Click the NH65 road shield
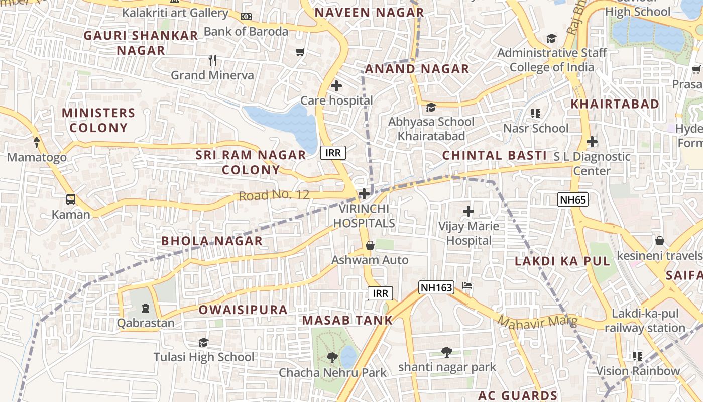pos(573,200)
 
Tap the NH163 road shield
pos(436,287)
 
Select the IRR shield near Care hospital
pos(333,153)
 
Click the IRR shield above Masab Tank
pos(380,293)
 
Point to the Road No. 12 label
pos(274,195)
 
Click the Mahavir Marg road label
pos(537,321)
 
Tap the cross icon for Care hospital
pos(336,86)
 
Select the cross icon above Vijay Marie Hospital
pos(468,211)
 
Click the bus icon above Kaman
pos(71,199)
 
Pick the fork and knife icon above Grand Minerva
pos(212,60)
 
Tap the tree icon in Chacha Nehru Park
pos(332,358)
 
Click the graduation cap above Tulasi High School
pos(203,342)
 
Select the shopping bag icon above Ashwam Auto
pos(370,245)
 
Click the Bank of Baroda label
pos(246,31)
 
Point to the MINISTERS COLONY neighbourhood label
pos(98,120)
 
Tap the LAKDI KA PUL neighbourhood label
pos(562,261)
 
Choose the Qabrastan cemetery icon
pos(146,308)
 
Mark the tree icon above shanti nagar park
pos(447,352)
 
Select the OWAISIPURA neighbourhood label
pos(243,310)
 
